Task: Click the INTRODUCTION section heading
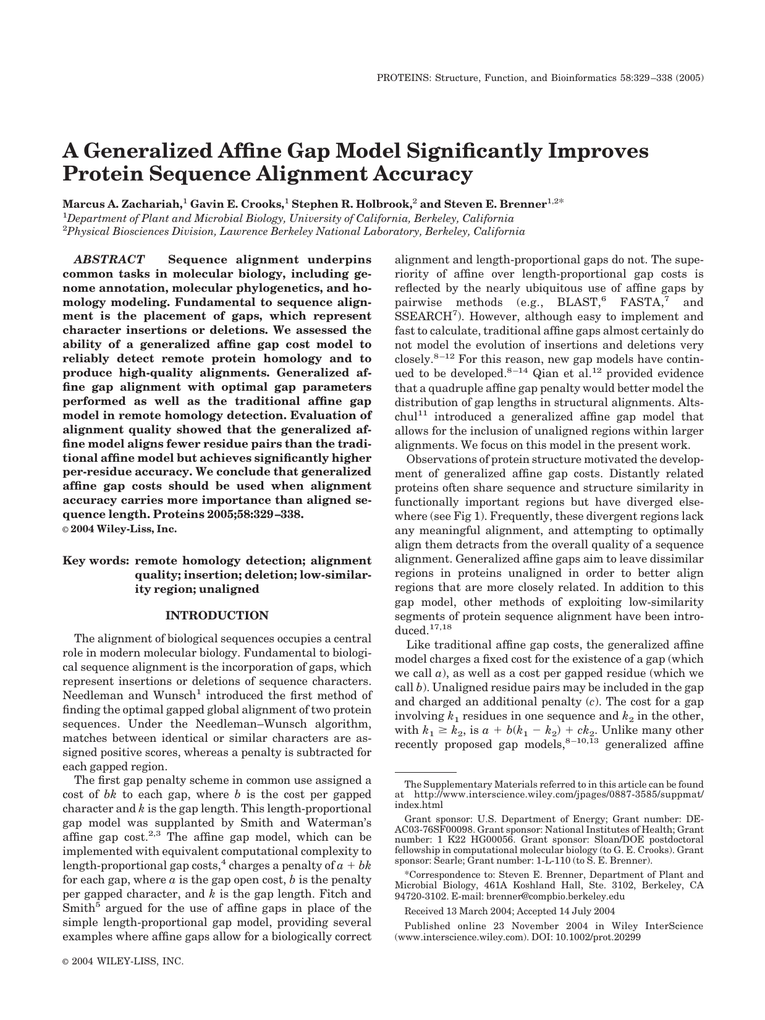(218, 616)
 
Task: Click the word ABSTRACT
(109, 260)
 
